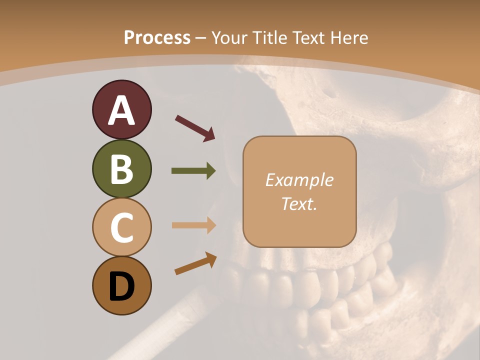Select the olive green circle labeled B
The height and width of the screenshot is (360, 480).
pos(121,168)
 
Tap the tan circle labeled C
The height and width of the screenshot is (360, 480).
pos(121,227)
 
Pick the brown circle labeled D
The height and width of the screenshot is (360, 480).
pos(121,285)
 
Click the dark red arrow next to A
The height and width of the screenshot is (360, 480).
pos(195,127)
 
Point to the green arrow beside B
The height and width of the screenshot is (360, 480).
pos(193,171)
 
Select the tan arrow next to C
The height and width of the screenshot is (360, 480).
pos(193,225)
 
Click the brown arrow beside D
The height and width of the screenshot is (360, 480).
pos(195,263)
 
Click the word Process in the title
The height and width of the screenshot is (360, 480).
pos(157,38)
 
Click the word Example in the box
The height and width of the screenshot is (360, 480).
pos(299,180)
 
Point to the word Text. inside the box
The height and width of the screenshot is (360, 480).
pos(299,203)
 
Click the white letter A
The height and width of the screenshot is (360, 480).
pos(121,110)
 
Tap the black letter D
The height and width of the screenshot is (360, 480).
pos(121,287)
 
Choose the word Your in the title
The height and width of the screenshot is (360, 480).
pos(229,38)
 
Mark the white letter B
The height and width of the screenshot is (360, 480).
pos(121,169)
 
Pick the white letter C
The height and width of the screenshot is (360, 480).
pos(121,228)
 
